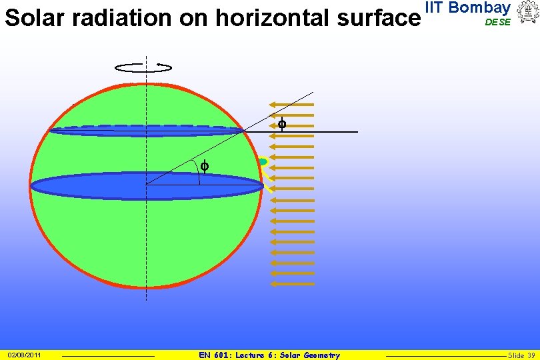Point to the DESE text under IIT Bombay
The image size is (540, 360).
click(497, 22)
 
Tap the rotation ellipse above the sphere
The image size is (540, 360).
click(143, 67)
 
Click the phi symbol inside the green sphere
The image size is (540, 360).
click(205, 167)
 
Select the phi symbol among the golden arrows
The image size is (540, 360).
click(281, 124)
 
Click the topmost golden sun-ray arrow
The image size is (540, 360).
click(291, 104)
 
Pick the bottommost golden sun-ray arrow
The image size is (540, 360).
click(291, 283)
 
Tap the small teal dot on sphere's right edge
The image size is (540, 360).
click(263, 161)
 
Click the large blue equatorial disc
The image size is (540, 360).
click(147, 186)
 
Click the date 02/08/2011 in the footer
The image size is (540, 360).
click(24, 355)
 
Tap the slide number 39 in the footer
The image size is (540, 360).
click(531, 355)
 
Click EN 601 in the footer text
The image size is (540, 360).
click(214, 355)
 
